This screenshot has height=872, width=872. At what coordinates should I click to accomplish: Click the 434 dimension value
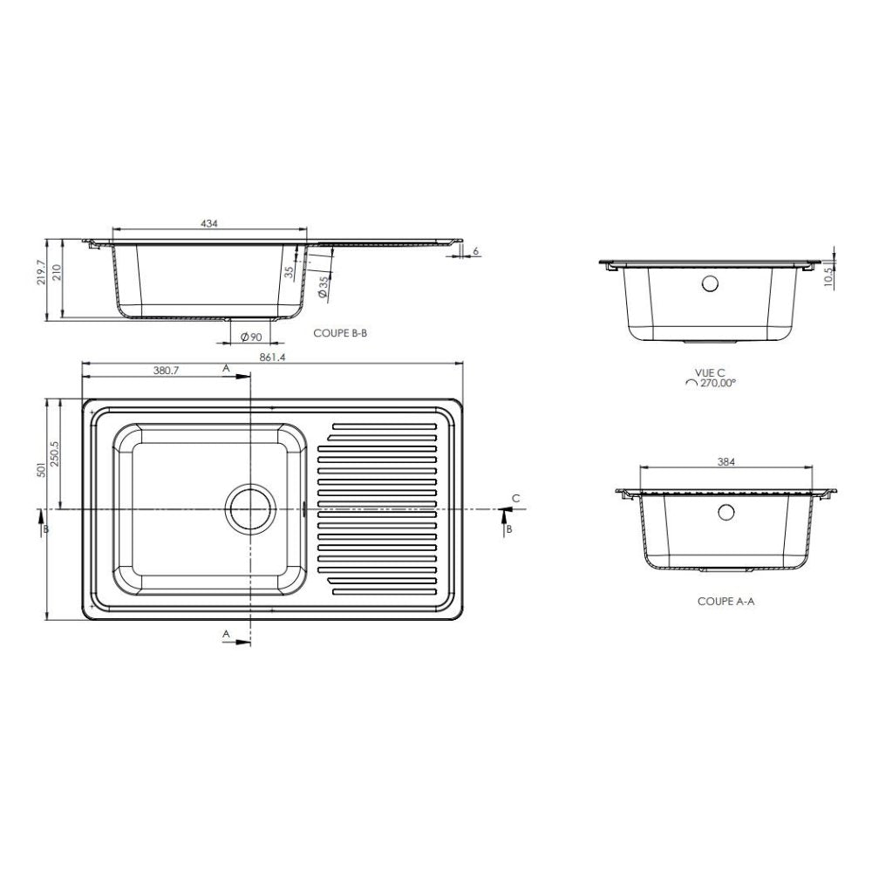209,223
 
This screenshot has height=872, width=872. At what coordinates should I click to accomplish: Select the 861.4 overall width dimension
272,358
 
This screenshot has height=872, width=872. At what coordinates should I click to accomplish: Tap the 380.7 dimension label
166,371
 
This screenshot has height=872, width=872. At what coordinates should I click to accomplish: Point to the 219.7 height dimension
41,272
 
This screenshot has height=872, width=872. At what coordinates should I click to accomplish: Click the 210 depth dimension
57,273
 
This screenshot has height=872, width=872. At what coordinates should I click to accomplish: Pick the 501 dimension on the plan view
41,472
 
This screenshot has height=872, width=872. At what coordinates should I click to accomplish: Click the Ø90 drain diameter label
251,337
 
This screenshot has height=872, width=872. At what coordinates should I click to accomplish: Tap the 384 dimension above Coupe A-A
726,461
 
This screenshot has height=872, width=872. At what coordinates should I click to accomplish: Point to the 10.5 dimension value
828,278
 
